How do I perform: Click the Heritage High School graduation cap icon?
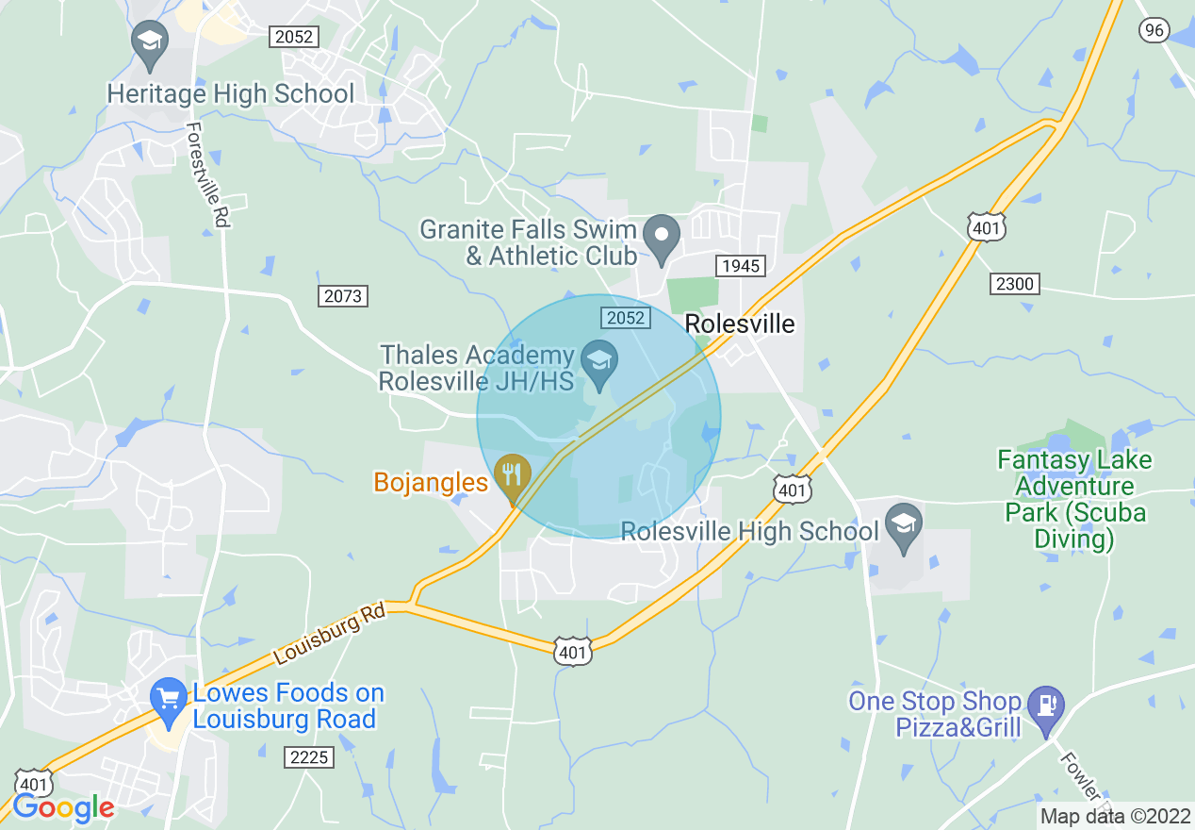(150, 41)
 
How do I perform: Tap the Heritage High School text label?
(230, 94)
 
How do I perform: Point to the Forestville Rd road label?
(208, 174)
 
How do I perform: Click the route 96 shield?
(1154, 30)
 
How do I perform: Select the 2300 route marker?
(1014, 283)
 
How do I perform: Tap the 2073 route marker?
(342, 296)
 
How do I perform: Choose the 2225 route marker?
(308, 756)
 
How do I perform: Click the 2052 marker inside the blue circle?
(625, 318)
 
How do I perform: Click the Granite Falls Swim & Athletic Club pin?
(662, 235)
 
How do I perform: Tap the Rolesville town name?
(739, 324)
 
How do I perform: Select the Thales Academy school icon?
(598, 359)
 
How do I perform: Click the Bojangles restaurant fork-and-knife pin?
(513, 474)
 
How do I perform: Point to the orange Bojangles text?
(431, 482)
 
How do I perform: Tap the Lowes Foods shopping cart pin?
(170, 701)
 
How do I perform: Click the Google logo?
(63, 807)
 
